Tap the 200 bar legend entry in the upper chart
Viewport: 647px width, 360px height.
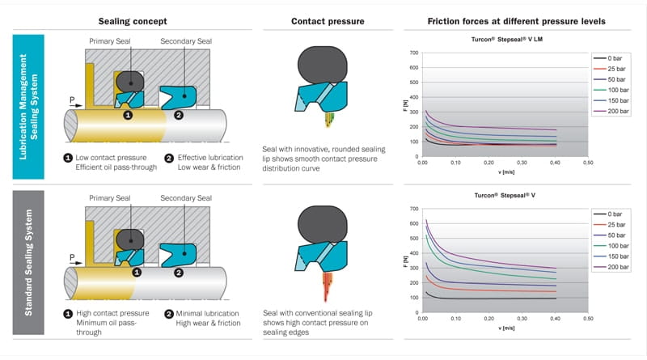click(x=619, y=111)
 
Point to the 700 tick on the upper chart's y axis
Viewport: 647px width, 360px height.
click(x=412, y=53)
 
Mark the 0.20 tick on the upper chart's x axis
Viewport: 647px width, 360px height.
click(x=487, y=163)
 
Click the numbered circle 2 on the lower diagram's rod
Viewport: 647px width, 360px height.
click(x=180, y=273)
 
